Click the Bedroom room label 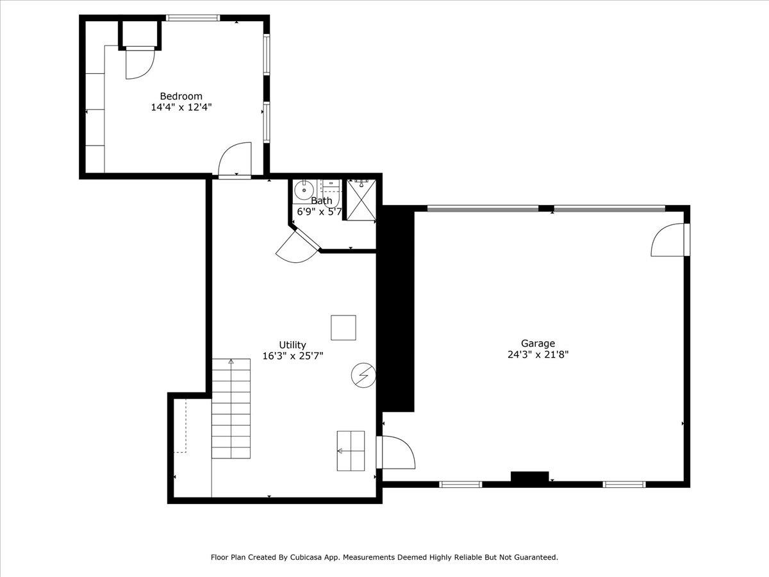[181, 96]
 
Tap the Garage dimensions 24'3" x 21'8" [538, 355]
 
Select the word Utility [292, 345]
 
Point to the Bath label [321, 201]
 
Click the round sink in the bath [303, 190]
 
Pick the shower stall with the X [361, 200]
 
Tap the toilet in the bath [331, 194]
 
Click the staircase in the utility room [231, 408]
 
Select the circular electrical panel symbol [363, 375]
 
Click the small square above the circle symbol [343, 328]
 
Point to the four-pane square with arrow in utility [351, 451]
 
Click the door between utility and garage [395, 452]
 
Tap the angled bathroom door [299, 247]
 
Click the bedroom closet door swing [140, 63]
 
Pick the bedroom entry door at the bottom [235, 160]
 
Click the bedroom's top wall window [193, 18]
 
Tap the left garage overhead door [483, 209]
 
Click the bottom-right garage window [624, 485]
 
